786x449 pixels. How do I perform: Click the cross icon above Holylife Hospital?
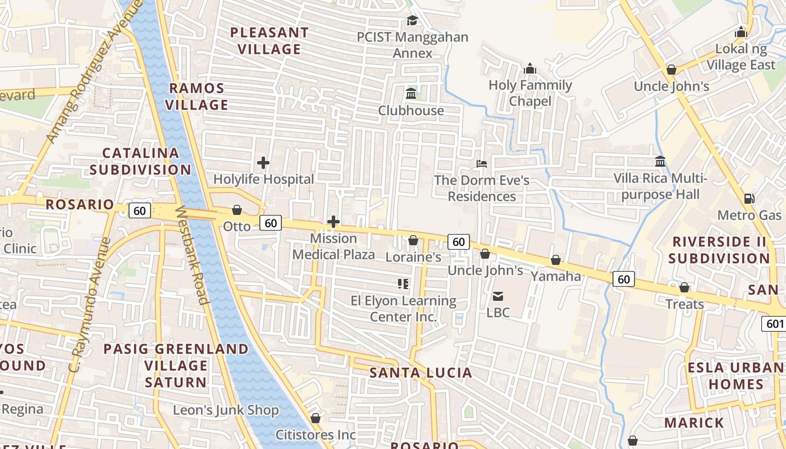click(263, 163)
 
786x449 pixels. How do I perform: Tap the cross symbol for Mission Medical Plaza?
click(333, 222)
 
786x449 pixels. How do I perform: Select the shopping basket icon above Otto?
click(237, 210)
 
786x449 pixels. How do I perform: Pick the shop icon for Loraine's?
click(413, 240)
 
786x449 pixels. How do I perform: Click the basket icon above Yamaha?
click(555, 260)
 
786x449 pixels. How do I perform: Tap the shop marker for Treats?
click(684, 287)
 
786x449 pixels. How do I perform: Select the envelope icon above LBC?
click(497, 296)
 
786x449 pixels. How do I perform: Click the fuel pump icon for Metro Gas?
click(749, 199)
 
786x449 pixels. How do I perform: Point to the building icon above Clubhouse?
click(411, 93)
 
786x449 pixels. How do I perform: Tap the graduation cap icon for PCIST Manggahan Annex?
click(413, 21)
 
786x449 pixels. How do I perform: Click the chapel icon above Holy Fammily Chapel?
click(529, 69)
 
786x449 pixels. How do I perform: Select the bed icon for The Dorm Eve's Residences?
click(481, 164)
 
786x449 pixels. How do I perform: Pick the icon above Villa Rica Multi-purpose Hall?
click(660, 162)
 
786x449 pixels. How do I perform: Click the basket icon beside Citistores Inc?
click(316, 418)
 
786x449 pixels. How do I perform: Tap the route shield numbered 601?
click(774, 323)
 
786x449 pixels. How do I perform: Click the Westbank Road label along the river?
click(193, 256)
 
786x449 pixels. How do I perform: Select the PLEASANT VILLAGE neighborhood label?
click(269, 41)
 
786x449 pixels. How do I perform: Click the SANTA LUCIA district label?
click(421, 373)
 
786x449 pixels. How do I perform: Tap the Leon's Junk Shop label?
click(226, 410)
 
